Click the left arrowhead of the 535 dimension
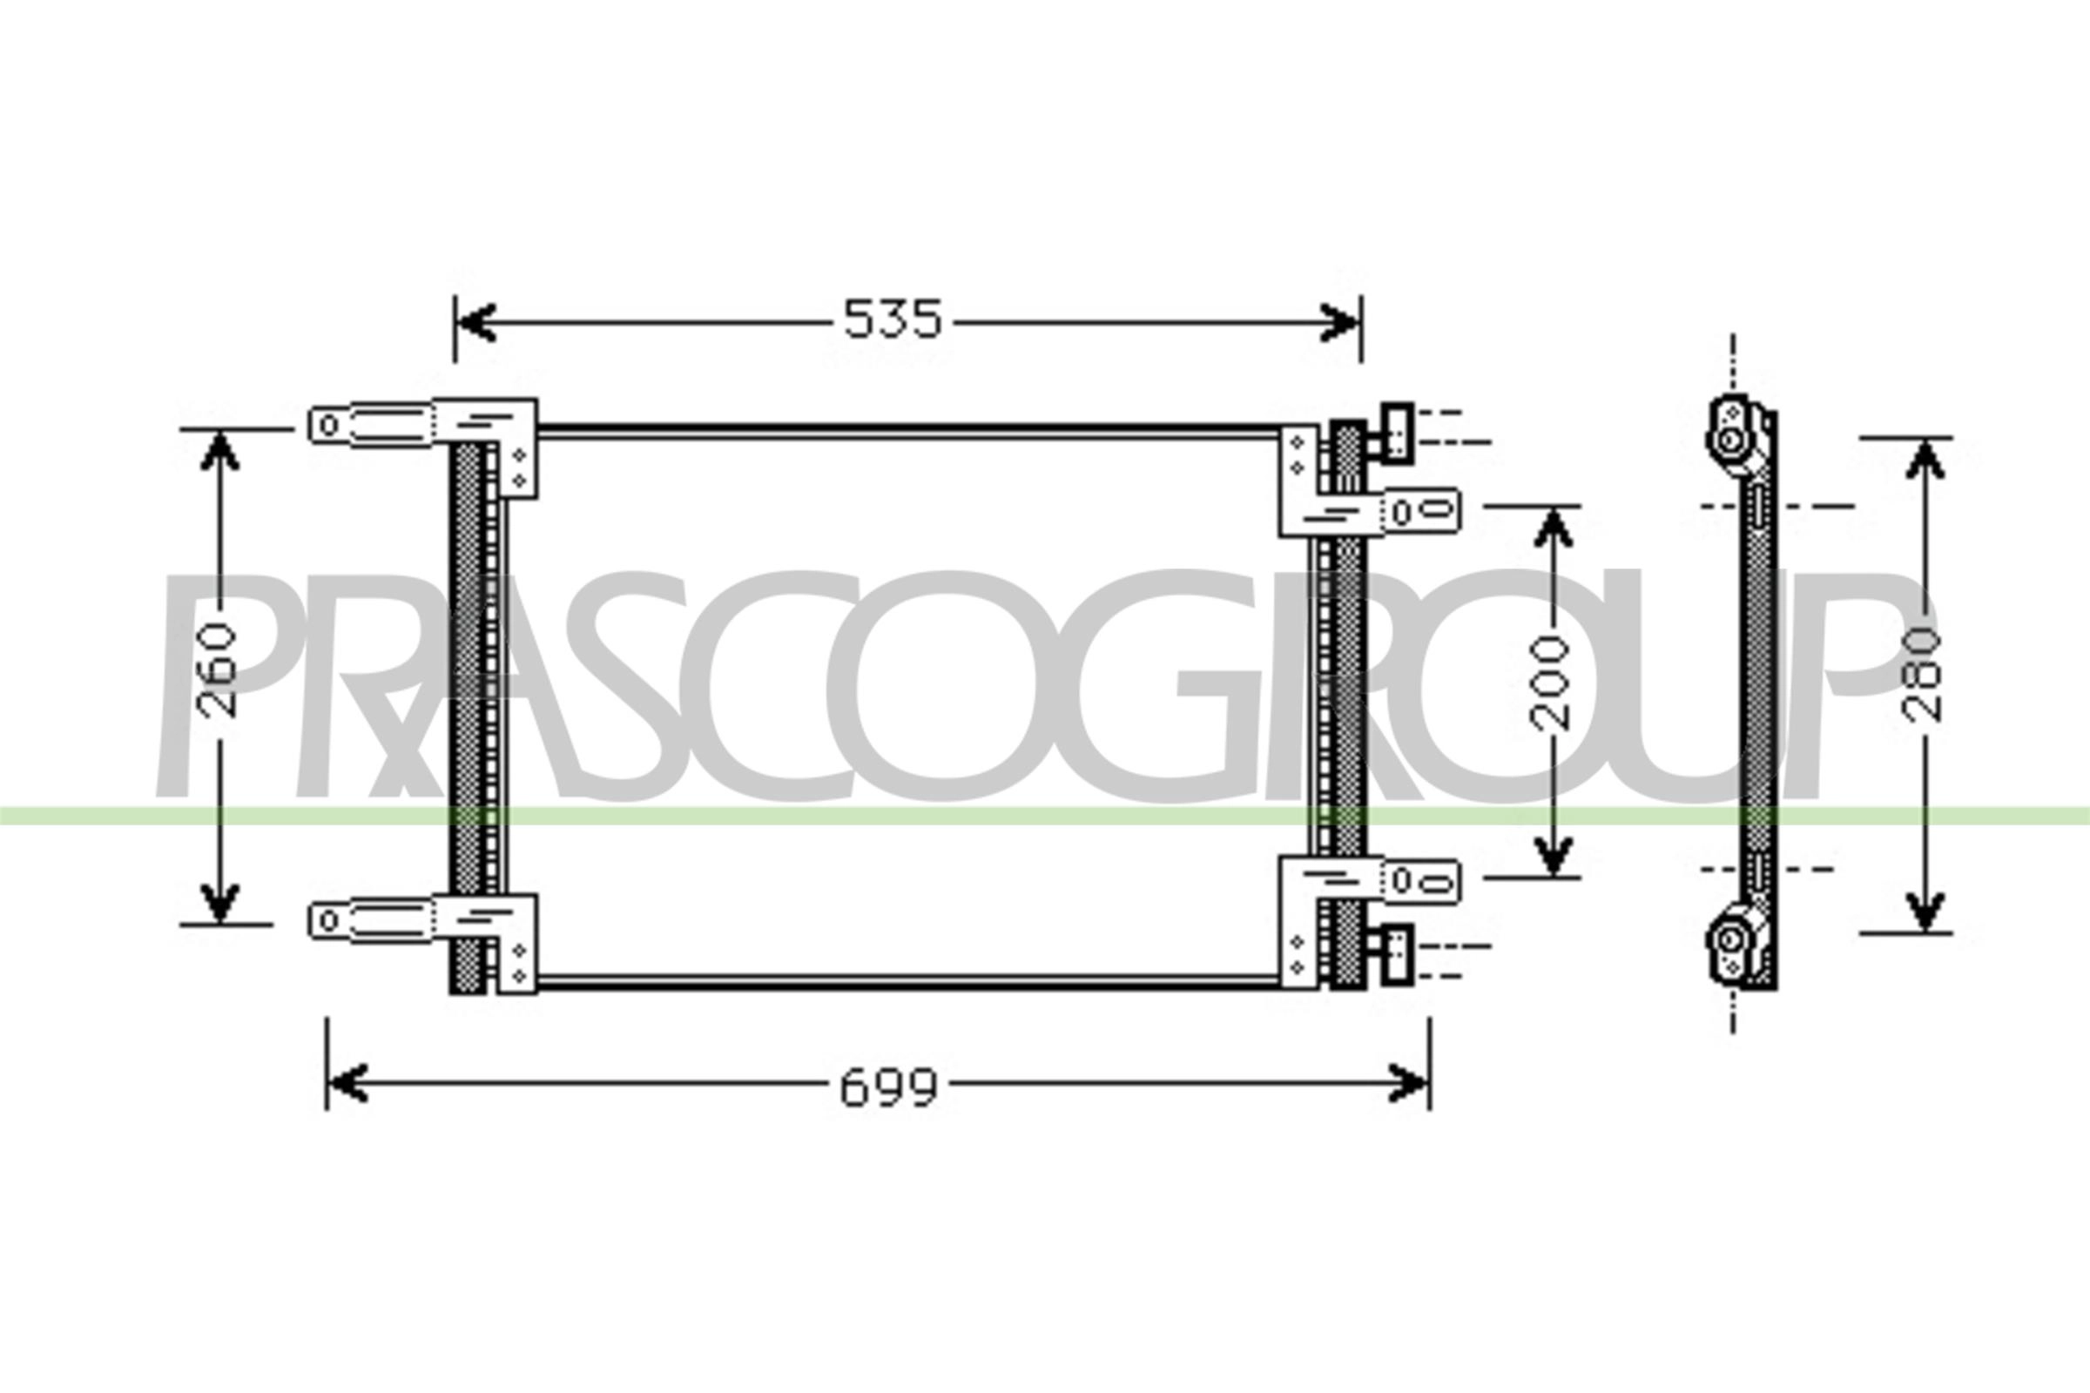coord(476,321)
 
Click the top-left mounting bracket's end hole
coord(329,426)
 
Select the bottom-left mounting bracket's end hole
coord(329,919)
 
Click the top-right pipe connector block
coord(1397,433)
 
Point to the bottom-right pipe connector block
coord(1397,955)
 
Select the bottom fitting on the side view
coord(1730,939)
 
